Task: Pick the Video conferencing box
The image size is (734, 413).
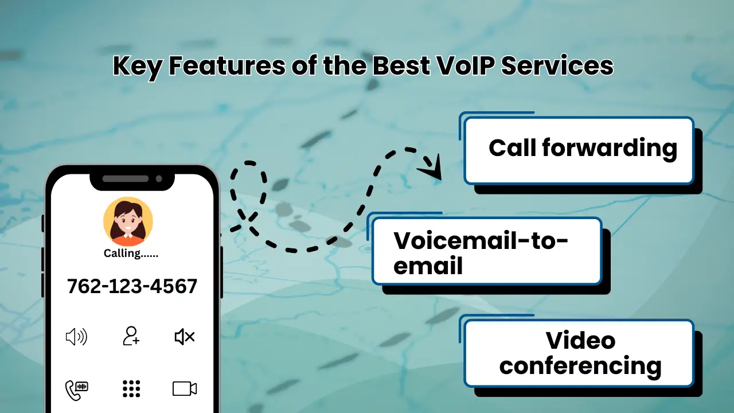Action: [579, 353]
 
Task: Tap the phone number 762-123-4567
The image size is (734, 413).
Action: [132, 286]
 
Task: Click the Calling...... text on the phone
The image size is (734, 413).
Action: [131, 253]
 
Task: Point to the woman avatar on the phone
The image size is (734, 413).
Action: [128, 221]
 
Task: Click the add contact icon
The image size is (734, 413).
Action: [131, 336]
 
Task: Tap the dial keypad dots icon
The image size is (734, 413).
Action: [131, 388]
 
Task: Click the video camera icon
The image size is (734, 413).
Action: [185, 388]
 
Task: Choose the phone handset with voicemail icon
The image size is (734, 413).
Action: [76, 389]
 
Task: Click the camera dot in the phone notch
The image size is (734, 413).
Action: [159, 178]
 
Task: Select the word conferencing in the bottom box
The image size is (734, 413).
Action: [580, 365]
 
